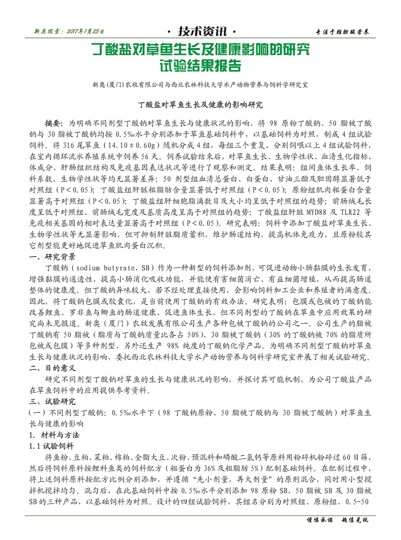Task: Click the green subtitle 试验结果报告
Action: pyautogui.click(x=200, y=66)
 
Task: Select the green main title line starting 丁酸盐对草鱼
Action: pyautogui.click(x=200, y=50)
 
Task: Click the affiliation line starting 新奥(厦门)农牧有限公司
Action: pyautogui.click(x=200, y=85)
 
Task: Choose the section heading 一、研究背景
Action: pyautogui.click(x=53, y=257)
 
